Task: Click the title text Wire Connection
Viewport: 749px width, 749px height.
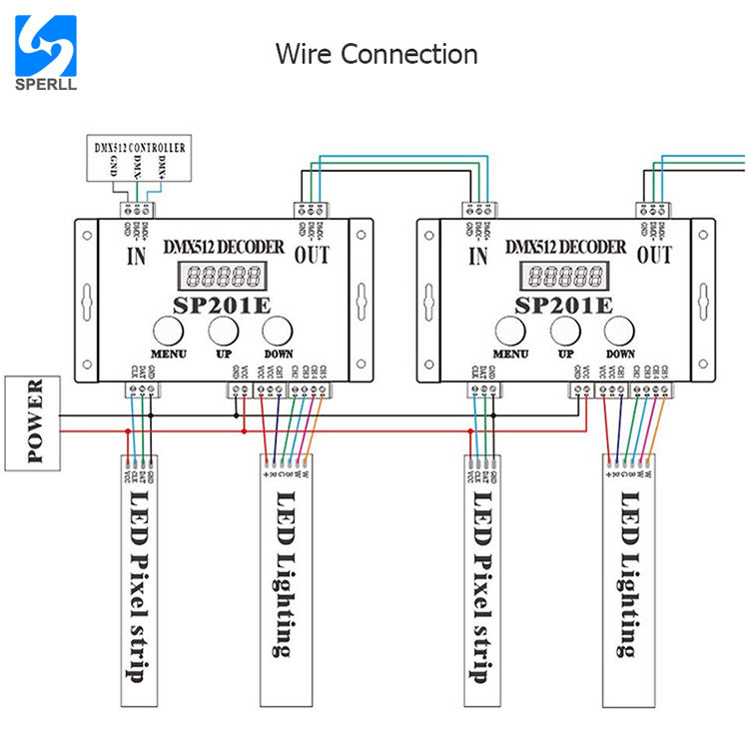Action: pyautogui.click(x=376, y=53)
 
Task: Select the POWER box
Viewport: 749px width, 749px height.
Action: pyautogui.click(x=34, y=421)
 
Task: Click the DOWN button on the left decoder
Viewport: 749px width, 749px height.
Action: pyautogui.click(x=278, y=331)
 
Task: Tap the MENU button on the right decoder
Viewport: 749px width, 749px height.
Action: pyautogui.click(x=509, y=331)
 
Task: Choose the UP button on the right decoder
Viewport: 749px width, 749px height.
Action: pyautogui.click(x=565, y=331)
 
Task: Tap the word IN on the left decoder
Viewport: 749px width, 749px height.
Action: pyautogui.click(x=135, y=256)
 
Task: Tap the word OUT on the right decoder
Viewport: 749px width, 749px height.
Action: pyautogui.click(x=653, y=256)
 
